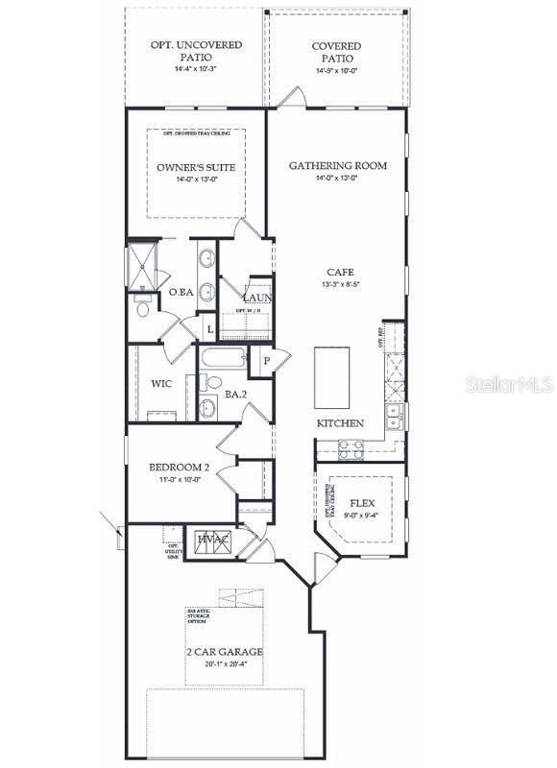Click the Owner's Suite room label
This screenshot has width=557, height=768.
click(196, 167)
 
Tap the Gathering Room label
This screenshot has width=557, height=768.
click(338, 165)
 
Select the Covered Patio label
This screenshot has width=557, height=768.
click(336, 52)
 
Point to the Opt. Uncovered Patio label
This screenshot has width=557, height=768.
click(195, 51)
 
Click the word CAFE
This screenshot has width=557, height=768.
click(340, 272)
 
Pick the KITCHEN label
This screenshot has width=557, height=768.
click(340, 423)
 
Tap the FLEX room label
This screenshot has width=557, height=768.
click(361, 503)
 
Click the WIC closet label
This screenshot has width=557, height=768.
click(161, 384)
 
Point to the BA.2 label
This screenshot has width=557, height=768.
click(236, 394)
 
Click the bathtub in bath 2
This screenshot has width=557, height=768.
click(223, 360)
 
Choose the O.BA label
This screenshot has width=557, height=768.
click(182, 292)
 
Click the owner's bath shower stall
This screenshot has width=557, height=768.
click(142, 266)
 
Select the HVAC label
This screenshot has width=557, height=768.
click(213, 540)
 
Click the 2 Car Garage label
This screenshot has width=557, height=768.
click(224, 652)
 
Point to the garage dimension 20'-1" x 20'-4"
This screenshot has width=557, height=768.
click(224, 664)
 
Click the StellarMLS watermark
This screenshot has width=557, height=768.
click(510, 383)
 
